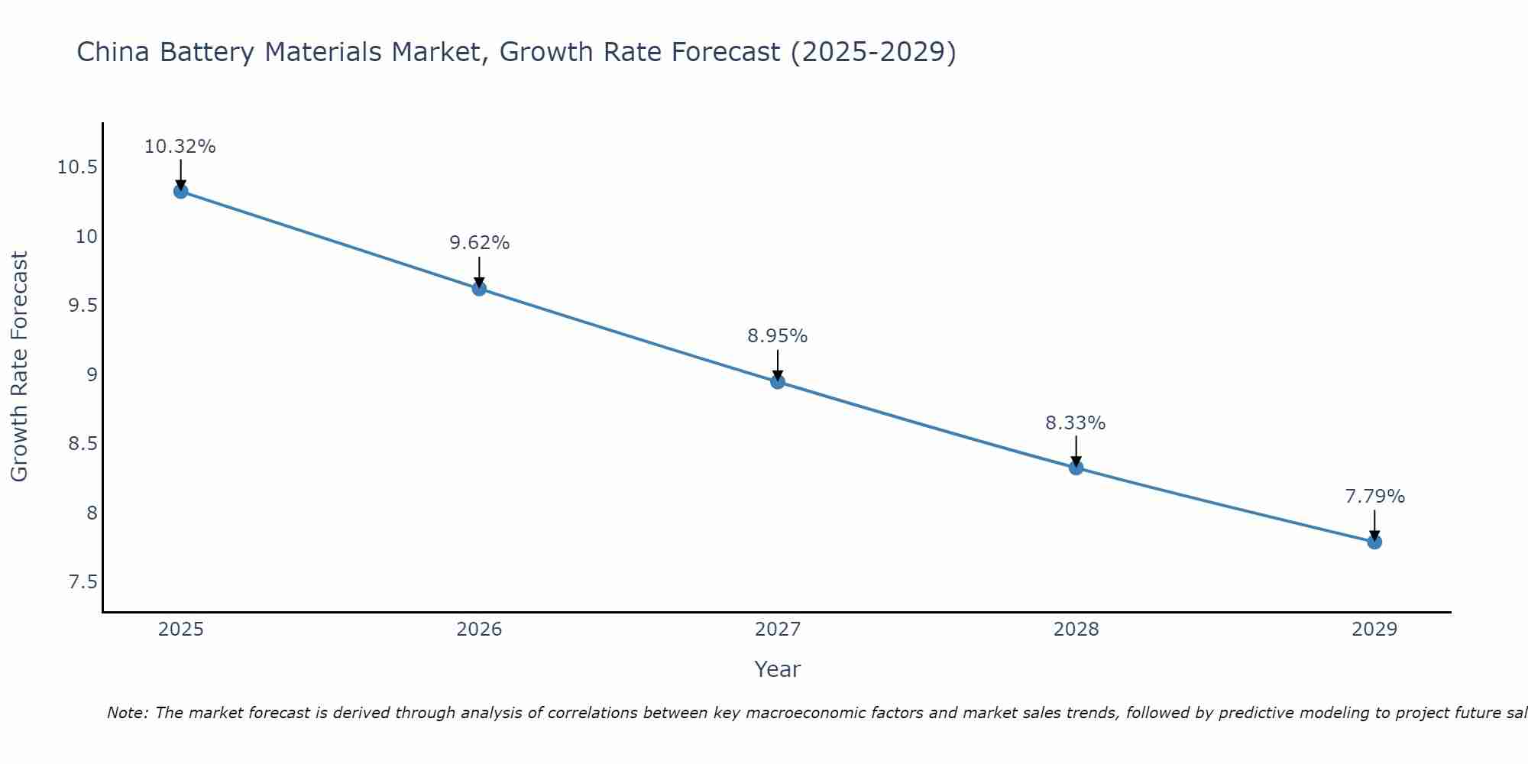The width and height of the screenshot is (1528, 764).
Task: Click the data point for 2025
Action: (x=180, y=191)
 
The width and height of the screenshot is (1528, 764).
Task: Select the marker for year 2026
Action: (x=479, y=288)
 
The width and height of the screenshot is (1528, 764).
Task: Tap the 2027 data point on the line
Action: (x=778, y=381)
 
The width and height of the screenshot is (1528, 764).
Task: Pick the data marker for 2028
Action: (x=1076, y=468)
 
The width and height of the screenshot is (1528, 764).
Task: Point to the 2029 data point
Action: (x=1374, y=542)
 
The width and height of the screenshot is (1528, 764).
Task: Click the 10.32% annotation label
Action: (x=180, y=147)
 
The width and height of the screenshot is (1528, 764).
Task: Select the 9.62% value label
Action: (x=479, y=243)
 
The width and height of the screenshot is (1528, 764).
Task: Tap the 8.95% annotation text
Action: (x=778, y=336)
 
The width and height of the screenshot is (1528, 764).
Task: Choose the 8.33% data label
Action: (x=1076, y=423)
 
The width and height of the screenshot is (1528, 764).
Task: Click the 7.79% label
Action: (x=1374, y=497)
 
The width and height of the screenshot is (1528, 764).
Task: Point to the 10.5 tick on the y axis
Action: (x=78, y=167)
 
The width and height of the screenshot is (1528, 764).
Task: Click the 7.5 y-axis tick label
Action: (x=83, y=582)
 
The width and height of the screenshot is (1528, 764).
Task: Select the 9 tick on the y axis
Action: (x=92, y=375)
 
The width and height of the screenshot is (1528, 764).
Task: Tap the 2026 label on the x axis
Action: (x=479, y=630)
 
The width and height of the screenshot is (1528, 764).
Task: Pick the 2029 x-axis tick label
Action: (x=1374, y=630)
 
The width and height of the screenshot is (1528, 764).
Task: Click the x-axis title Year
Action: (x=778, y=669)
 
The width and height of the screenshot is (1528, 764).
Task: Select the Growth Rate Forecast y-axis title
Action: (x=20, y=367)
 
